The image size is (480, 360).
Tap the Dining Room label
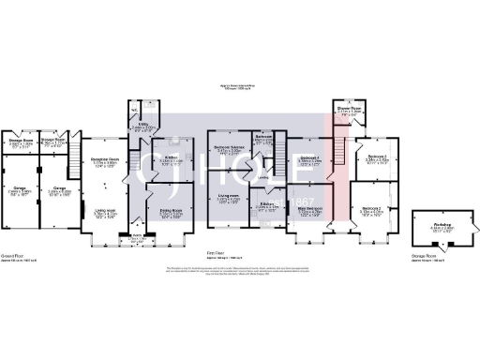[170, 211]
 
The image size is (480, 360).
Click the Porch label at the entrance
[137, 237]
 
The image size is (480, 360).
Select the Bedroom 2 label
[372, 209]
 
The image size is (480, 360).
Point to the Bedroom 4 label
[310, 157]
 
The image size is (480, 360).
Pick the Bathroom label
[263, 135]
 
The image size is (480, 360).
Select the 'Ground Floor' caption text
[12, 251]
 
